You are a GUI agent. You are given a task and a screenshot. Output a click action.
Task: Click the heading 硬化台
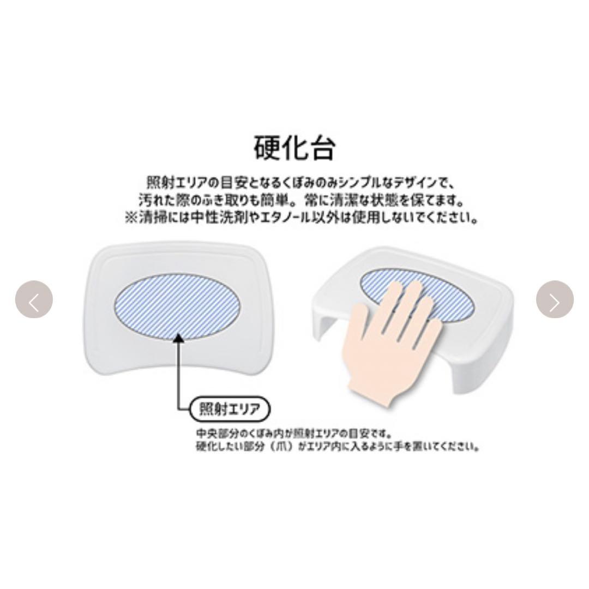coord(294,147)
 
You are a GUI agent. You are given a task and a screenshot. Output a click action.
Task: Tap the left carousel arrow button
coord(34,299)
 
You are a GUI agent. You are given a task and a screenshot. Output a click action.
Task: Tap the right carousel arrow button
coord(555,299)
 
